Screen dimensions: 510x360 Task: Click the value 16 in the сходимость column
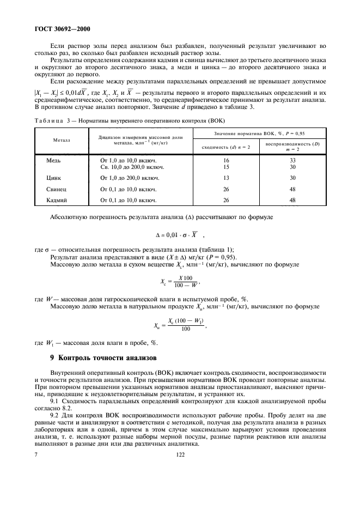pyautogui.click(x=226, y=161)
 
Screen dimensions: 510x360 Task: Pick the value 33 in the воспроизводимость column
pyautogui.click(x=292, y=161)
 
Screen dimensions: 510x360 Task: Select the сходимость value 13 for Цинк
pyautogui.click(x=226, y=178)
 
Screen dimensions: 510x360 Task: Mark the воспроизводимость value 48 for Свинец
pyautogui.click(x=292, y=189)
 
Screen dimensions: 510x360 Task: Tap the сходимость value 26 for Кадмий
pyautogui.click(x=226, y=201)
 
